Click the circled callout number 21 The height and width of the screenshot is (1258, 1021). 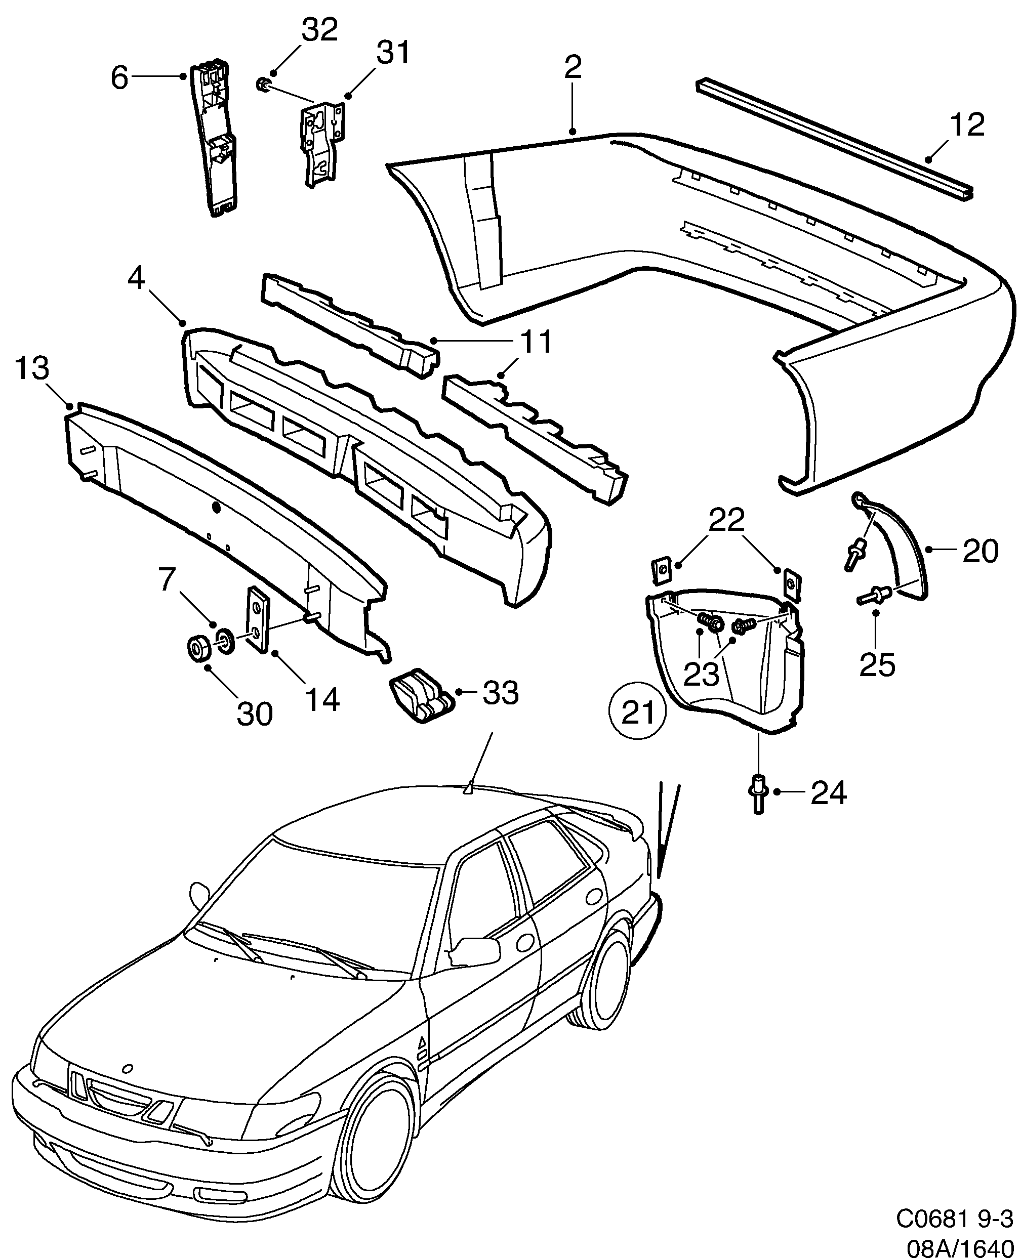tap(638, 714)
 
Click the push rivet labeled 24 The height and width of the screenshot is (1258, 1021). tap(758, 793)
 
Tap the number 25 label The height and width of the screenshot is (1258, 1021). tap(877, 665)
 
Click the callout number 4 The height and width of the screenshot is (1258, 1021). tap(137, 279)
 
